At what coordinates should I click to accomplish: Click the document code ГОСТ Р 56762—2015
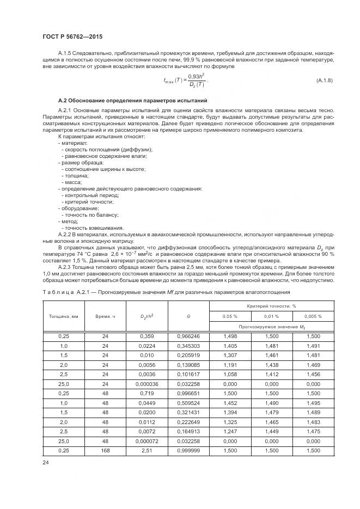72,36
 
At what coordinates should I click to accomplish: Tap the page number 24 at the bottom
45,463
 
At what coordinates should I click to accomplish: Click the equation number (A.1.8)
325,81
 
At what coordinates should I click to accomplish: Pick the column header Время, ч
106,316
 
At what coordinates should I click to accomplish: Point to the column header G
188,316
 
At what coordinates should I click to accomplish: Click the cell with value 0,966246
188,336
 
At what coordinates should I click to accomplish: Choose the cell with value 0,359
147,336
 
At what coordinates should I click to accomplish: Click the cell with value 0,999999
188,450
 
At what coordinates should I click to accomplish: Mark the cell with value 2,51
147,450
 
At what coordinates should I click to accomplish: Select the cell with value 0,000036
147,384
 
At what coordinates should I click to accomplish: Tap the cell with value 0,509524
188,403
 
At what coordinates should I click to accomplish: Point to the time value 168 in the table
106,450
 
